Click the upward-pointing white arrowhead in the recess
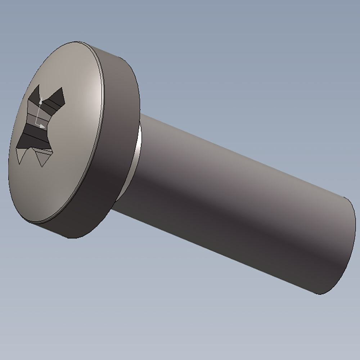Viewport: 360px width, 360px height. [40, 100]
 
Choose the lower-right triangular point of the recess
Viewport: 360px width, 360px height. [44, 164]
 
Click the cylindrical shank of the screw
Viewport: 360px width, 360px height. [234, 202]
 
